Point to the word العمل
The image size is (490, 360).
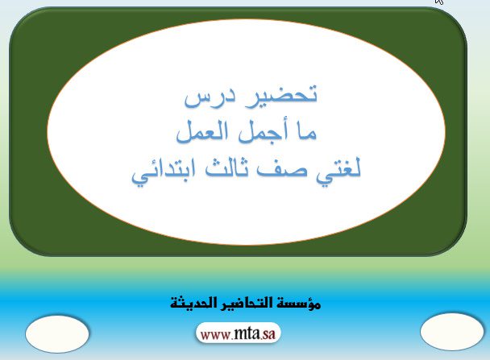coord(201,133)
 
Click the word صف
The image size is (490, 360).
coord(282,171)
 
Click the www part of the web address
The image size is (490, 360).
coord(216,335)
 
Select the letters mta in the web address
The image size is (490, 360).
coord(247,333)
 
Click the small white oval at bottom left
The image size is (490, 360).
coord(57,334)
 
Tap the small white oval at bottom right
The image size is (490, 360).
coord(452,332)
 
